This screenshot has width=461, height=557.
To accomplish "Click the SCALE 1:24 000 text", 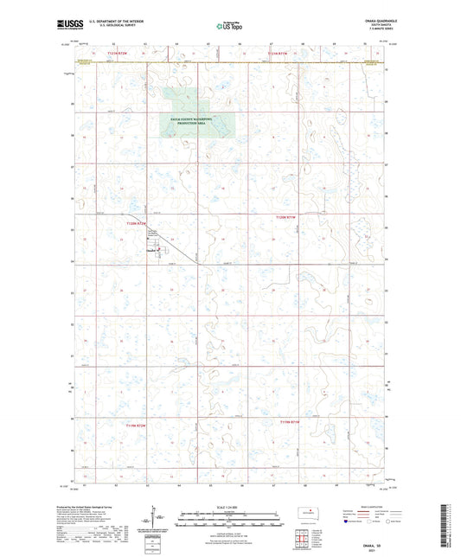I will pos(230,505).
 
